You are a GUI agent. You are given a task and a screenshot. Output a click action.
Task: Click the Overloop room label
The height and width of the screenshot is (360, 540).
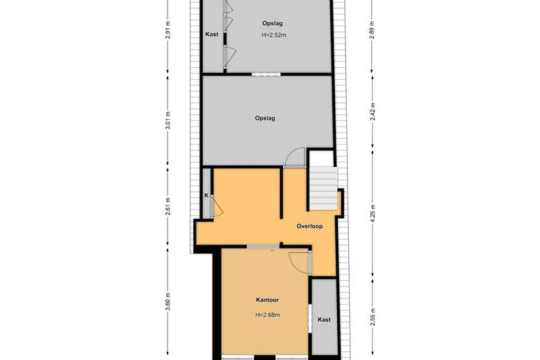[309, 226]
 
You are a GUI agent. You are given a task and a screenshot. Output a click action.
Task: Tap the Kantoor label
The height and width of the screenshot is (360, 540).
[267, 300]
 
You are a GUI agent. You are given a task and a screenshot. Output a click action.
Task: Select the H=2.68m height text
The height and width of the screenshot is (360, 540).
[268, 314]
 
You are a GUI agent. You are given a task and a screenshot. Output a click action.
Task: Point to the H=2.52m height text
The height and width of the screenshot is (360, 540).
[273, 35]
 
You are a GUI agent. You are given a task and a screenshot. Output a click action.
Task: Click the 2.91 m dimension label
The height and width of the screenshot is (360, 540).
[168, 30]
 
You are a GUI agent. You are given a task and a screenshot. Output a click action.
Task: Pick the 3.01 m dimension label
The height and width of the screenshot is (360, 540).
[168, 120]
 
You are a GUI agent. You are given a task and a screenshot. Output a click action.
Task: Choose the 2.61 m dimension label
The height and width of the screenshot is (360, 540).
[168, 206]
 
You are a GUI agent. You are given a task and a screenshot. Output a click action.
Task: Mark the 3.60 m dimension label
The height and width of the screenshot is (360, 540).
[168, 301]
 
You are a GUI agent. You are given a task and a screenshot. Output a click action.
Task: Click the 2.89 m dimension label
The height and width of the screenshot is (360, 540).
[372, 30]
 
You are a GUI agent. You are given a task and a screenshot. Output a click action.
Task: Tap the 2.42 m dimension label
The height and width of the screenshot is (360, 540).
[372, 111]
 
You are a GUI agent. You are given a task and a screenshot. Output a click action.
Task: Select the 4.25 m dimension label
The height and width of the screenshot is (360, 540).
[372, 214]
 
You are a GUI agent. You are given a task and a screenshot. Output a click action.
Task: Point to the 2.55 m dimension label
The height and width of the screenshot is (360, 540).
[372, 316]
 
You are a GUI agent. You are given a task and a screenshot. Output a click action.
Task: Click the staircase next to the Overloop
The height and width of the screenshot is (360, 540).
[323, 189]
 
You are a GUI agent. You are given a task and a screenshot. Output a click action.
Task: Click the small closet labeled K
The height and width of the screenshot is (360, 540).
[206, 193]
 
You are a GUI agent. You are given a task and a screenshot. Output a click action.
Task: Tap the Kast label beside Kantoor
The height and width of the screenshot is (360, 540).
[324, 320]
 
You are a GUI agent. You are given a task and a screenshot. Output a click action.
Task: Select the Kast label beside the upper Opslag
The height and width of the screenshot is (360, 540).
[212, 34]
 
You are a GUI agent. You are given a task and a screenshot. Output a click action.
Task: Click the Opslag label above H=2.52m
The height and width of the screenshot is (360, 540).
[272, 24]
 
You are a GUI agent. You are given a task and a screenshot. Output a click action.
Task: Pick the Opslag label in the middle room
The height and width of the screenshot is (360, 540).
[265, 118]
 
